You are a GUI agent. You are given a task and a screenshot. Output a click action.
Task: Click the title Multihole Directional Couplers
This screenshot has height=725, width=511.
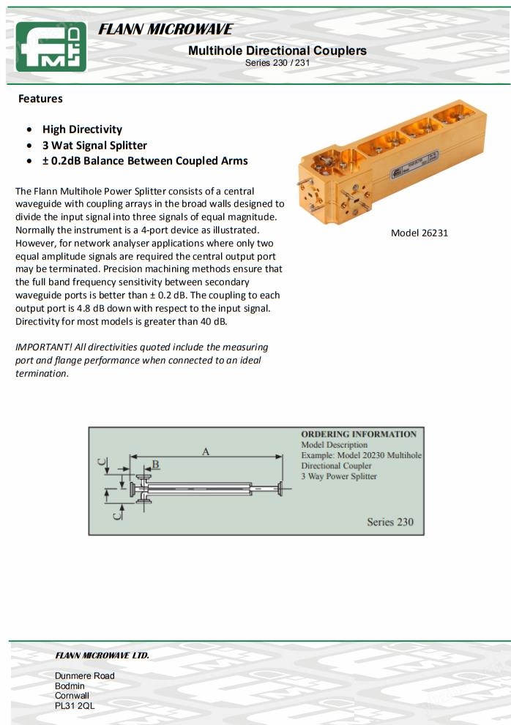[x=277, y=50]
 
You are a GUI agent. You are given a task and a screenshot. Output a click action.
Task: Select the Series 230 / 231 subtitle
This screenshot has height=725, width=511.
[x=277, y=62]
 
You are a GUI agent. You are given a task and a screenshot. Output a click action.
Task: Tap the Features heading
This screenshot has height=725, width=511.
[x=40, y=99]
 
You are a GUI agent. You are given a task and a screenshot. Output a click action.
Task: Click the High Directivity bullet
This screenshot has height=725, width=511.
[x=82, y=129]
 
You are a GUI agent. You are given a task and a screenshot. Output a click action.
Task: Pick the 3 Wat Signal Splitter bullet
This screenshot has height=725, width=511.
[x=94, y=145]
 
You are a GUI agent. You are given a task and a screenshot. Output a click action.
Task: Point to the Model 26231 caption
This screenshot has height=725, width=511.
[x=419, y=233]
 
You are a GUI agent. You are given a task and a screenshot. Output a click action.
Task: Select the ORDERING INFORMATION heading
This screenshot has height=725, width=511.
[x=359, y=434]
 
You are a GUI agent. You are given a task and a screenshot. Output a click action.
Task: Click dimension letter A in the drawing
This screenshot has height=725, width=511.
[x=206, y=452]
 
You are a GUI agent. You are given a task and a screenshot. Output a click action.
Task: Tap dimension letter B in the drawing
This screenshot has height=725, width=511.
[x=155, y=465]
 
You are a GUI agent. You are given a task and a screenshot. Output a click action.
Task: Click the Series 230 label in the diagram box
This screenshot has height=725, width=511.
[x=390, y=522]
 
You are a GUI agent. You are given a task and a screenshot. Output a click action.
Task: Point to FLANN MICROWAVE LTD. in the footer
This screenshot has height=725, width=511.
[x=102, y=655]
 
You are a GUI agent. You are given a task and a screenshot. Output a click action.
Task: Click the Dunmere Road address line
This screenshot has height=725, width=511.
[x=85, y=676]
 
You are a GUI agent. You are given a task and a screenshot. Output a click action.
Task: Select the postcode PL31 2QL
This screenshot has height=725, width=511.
[x=75, y=705]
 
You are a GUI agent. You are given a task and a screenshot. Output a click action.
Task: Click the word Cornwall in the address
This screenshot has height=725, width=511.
[x=72, y=696]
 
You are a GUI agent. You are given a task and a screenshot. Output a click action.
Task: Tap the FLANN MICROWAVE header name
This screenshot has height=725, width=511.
[x=165, y=30]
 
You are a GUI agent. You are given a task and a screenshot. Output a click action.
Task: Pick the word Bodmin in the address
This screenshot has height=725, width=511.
[x=70, y=685]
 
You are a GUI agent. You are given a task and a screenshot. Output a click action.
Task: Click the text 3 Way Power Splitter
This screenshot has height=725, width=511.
[x=339, y=476]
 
